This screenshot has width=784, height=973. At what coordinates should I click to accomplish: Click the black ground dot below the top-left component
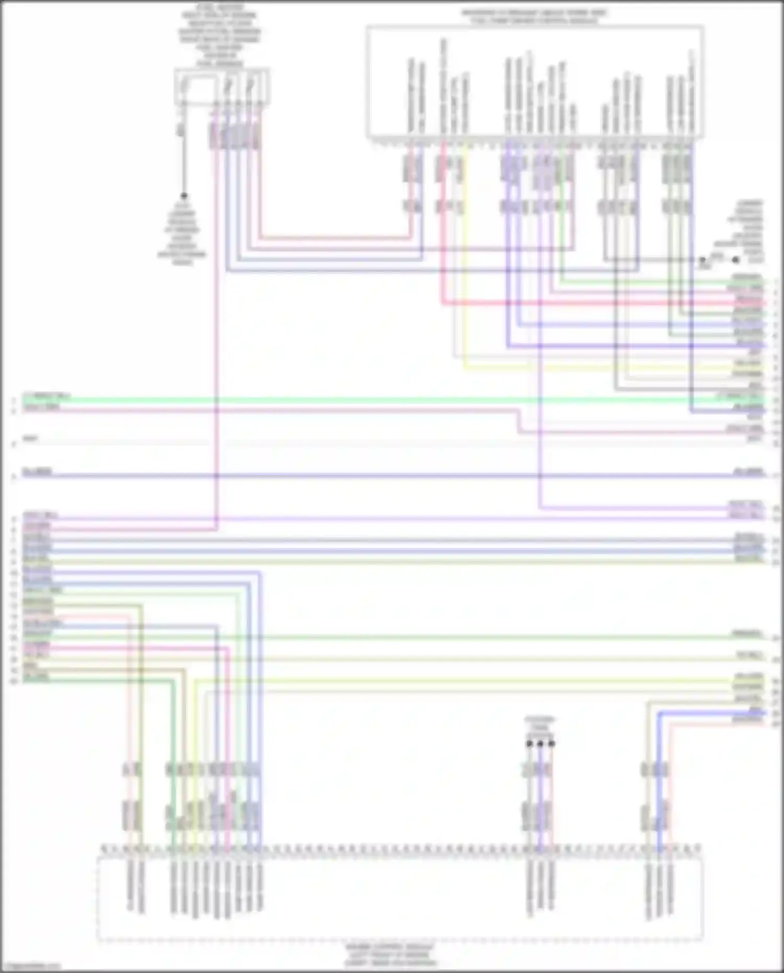[184, 196]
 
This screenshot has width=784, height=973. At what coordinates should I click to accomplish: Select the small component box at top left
[222, 87]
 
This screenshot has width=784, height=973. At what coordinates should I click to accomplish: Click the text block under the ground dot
[182, 238]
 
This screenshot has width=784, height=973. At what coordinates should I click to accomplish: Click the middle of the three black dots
[540, 743]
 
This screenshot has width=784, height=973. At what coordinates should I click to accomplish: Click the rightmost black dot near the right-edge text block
[735, 259]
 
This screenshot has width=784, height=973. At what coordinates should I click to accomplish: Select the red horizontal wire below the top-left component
[335, 238]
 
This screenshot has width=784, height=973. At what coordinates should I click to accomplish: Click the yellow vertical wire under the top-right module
[465, 261]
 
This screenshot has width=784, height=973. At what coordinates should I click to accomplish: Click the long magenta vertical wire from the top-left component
[216, 340]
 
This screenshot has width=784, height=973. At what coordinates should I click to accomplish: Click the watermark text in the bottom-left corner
[31, 966]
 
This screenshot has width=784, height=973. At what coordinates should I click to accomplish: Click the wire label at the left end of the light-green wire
[46, 395]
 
